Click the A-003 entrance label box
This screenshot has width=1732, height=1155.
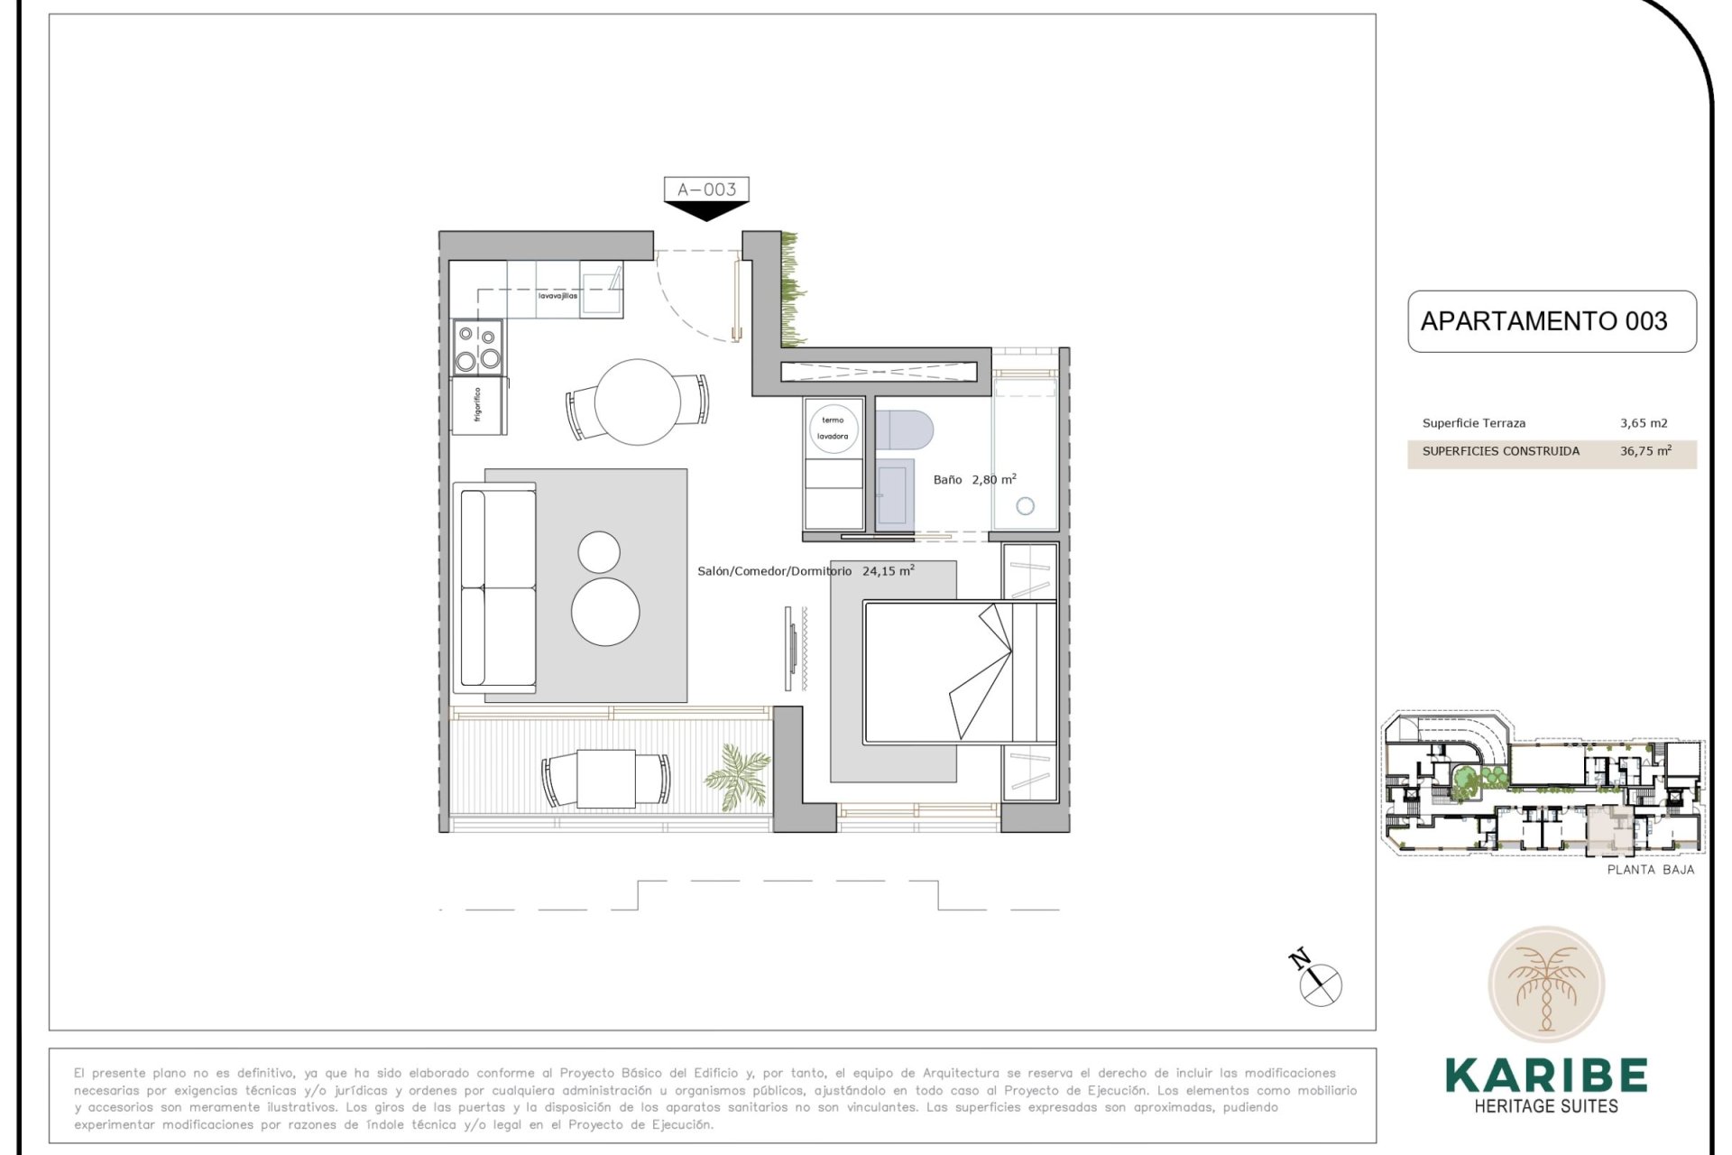[x=706, y=189]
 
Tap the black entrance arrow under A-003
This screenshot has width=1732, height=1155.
[x=706, y=211]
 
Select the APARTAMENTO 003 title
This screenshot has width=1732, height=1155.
[x=1543, y=321]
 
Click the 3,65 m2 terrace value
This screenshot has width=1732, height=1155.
[x=1644, y=423]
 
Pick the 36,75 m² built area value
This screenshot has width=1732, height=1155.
[x=1644, y=451]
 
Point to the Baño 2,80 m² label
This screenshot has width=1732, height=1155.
[x=974, y=480]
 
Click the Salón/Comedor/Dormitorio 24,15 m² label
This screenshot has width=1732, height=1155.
[x=805, y=571]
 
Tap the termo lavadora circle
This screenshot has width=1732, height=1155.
[x=833, y=429]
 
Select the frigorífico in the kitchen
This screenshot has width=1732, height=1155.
[x=478, y=405]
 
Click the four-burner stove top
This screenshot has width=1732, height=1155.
[x=477, y=347]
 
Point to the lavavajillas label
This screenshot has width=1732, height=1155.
[x=557, y=296]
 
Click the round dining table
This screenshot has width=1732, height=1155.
[x=638, y=402]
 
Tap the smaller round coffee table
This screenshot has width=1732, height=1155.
[x=599, y=551]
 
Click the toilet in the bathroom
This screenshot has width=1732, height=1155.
[x=905, y=430]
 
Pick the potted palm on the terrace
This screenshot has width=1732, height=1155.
[x=739, y=774]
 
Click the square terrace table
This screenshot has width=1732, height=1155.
[x=606, y=779]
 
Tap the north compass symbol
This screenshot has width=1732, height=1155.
[x=1320, y=983]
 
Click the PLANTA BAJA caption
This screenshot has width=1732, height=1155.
[x=1650, y=870]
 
